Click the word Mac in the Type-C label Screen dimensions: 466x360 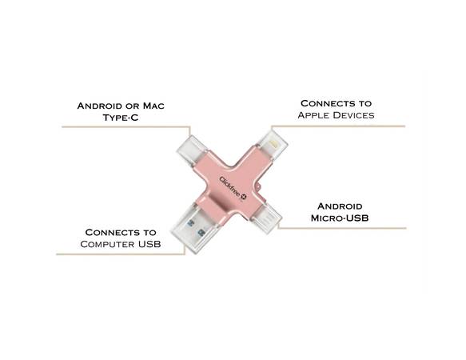(153, 106)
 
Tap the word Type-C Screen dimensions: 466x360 (121, 118)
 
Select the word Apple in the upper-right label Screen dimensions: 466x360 (314, 115)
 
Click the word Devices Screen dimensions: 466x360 (354, 115)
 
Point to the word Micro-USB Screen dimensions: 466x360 (340, 218)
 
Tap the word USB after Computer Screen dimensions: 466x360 (149, 244)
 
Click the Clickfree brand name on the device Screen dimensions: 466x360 (229, 186)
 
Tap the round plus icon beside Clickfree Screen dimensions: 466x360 (244, 197)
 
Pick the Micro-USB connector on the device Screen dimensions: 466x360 (266, 218)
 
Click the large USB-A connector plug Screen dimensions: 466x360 (193, 229)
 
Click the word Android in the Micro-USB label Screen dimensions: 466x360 (340, 206)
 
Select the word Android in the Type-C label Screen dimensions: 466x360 (100, 106)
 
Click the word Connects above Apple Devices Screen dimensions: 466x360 (323, 103)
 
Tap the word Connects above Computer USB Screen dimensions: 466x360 (108, 232)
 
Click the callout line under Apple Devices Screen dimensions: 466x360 (337, 126)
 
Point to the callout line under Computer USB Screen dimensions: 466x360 (121, 254)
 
